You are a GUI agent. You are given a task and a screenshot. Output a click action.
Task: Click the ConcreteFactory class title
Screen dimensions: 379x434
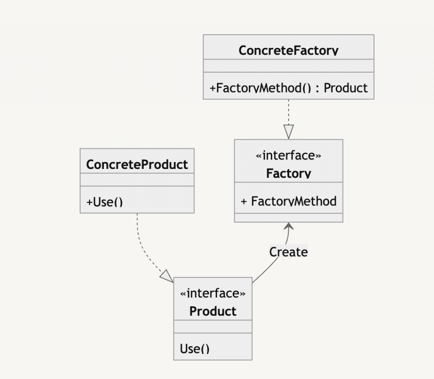click(288, 51)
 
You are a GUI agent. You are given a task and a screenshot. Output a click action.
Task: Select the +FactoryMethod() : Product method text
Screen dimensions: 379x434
click(288, 88)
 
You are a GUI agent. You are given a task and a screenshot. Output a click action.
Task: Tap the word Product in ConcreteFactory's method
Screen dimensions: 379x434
click(346, 88)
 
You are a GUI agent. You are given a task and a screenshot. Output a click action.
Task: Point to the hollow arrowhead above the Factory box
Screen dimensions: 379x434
click(289, 131)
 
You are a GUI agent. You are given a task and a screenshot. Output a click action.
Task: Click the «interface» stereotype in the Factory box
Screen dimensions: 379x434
click(288, 156)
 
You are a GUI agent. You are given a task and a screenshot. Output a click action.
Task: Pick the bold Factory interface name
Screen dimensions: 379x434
click(288, 173)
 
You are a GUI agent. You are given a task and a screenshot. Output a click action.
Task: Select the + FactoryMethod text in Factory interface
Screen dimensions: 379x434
click(289, 201)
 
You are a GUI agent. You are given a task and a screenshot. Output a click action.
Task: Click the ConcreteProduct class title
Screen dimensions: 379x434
click(137, 165)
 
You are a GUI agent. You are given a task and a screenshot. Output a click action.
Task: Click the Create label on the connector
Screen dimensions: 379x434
click(289, 252)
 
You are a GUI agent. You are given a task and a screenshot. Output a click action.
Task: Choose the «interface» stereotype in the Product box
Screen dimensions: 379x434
click(213, 293)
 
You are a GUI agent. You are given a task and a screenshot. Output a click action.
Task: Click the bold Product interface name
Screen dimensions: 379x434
click(213, 311)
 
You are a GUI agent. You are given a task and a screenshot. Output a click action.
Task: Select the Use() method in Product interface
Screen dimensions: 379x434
click(195, 349)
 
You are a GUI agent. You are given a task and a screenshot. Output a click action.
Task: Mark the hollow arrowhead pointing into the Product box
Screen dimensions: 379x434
click(167, 276)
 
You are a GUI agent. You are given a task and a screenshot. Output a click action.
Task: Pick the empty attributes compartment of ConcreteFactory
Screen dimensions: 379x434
click(288, 66)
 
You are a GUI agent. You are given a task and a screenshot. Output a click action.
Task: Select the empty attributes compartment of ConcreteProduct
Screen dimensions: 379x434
click(137, 180)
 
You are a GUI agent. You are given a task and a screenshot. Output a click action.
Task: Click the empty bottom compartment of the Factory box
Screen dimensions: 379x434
click(288, 218)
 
